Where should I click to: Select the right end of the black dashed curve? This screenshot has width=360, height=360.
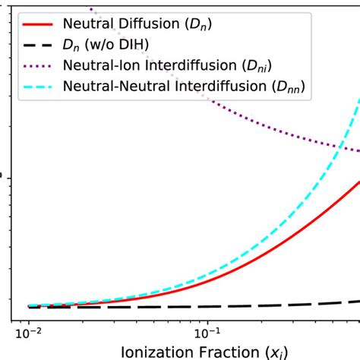coord(358,302)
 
